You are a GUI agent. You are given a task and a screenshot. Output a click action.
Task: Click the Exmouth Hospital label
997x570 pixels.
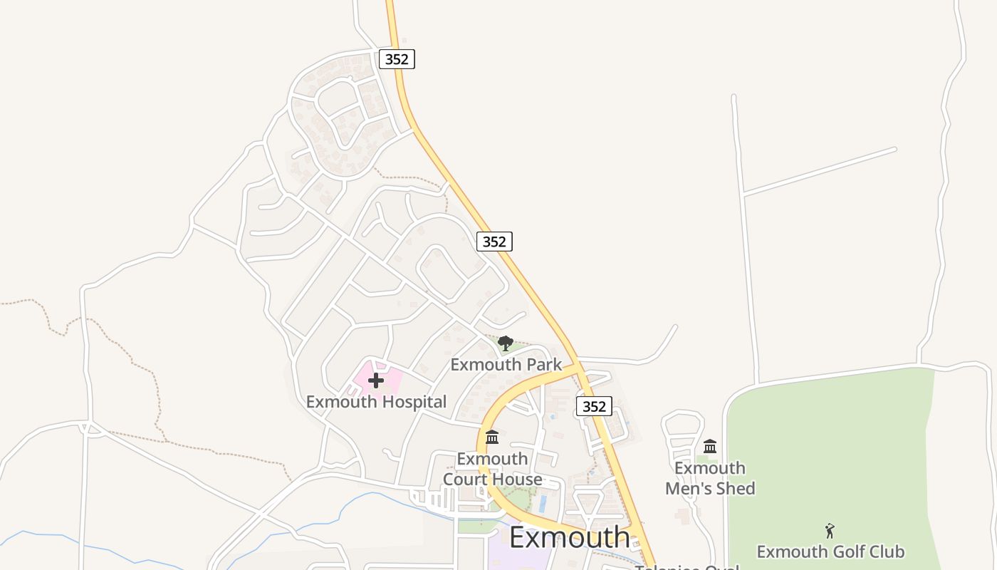point(376,402)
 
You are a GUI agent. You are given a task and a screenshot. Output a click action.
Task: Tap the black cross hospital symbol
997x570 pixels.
point(376,380)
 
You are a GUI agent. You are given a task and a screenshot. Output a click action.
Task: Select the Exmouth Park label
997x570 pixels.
point(506,365)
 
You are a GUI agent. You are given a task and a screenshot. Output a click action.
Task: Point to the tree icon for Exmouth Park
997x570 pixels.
point(506,344)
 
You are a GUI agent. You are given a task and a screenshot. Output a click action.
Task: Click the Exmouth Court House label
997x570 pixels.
point(492,469)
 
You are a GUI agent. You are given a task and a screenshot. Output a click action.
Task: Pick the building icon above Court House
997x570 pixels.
point(492,437)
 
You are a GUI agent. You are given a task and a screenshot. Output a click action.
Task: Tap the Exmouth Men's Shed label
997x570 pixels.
point(710,478)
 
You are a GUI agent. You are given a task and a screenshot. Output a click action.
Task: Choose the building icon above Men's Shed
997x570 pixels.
point(710,447)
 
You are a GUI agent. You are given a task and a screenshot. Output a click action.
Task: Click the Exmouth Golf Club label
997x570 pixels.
point(830,551)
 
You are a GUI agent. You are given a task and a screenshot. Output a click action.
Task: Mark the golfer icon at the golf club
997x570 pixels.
point(830,531)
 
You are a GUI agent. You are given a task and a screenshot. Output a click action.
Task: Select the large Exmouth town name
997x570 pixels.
point(570,537)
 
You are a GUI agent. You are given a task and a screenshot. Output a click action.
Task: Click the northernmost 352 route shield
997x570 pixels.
point(397,59)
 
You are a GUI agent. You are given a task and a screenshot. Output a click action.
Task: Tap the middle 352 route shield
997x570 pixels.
point(494,242)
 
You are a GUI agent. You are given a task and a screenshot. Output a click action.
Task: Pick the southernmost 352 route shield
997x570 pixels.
point(594,406)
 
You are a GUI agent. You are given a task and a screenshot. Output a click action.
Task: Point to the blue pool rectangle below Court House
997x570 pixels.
point(543,504)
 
